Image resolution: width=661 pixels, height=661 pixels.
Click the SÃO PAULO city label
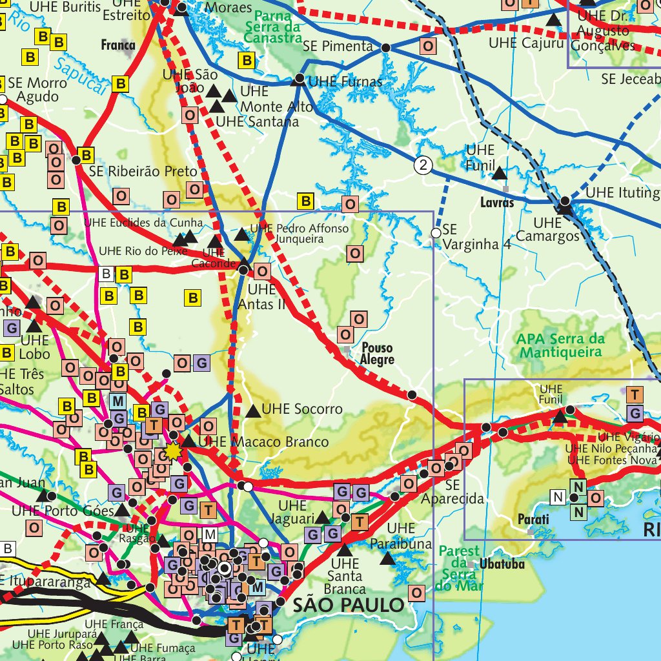pyautogui.click(x=349, y=605)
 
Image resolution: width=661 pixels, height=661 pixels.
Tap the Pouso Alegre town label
pyautogui.click(x=377, y=353)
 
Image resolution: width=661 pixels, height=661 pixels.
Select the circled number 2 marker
pyautogui.click(x=423, y=166)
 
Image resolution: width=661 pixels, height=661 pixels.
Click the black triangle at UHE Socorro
pyautogui.click(x=253, y=410)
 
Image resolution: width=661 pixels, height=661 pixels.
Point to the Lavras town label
pyautogui.click(x=497, y=203)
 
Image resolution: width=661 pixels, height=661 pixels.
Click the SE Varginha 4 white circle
pyautogui.click(x=436, y=232)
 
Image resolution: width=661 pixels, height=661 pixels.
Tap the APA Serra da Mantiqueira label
pyautogui.click(x=560, y=345)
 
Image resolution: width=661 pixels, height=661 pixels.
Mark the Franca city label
pyautogui.click(x=118, y=45)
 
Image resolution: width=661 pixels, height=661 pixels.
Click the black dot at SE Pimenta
pyautogui.click(x=386, y=48)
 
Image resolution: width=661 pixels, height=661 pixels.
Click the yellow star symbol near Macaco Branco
pyautogui.click(x=172, y=451)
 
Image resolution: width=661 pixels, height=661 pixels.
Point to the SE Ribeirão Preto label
pyautogui.click(x=143, y=172)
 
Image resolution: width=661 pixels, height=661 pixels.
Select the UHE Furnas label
pyautogui.click(x=345, y=82)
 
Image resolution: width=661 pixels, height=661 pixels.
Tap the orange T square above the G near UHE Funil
pyautogui.click(x=635, y=394)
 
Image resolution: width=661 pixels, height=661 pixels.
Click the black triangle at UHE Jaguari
pyautogui.click(x=321, y=518)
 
